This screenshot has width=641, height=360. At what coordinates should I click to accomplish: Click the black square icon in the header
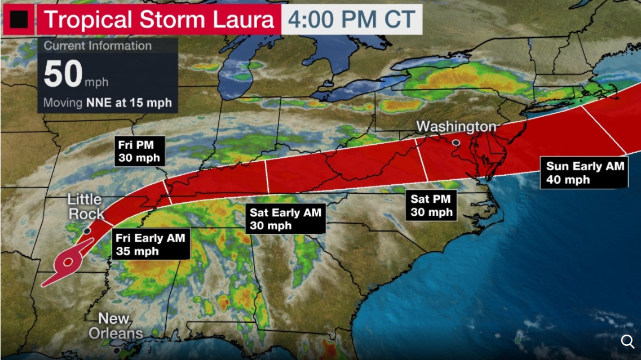pos(19,20)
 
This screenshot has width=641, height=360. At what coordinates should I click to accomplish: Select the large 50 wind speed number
pos(63,75)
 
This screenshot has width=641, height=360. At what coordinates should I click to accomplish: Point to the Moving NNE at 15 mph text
pos(107,103)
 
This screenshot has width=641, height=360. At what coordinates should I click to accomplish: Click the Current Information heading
pos(98,46)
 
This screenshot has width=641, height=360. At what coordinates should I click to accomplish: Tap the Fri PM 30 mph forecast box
pos(139,150)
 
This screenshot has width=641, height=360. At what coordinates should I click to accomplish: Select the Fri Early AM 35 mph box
pos(150,245)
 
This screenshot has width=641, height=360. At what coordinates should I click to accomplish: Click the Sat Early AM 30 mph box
pos(285,219)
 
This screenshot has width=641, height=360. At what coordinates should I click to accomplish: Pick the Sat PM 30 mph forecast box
pos(431,206)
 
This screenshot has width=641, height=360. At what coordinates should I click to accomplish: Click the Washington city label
pos(456,126)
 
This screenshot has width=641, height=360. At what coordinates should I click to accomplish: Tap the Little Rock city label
pos(86,206)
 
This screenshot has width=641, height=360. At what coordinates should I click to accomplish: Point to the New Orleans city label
pos(116,326)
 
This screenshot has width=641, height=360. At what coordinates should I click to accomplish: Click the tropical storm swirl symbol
pos(68,261)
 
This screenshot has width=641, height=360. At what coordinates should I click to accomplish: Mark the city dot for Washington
pos(456,143)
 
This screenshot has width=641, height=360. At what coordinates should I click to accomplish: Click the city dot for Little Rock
pos(87,230)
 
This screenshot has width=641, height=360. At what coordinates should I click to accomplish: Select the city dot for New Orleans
pos(117,350)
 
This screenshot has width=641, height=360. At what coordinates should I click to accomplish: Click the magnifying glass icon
pos(627,341)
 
